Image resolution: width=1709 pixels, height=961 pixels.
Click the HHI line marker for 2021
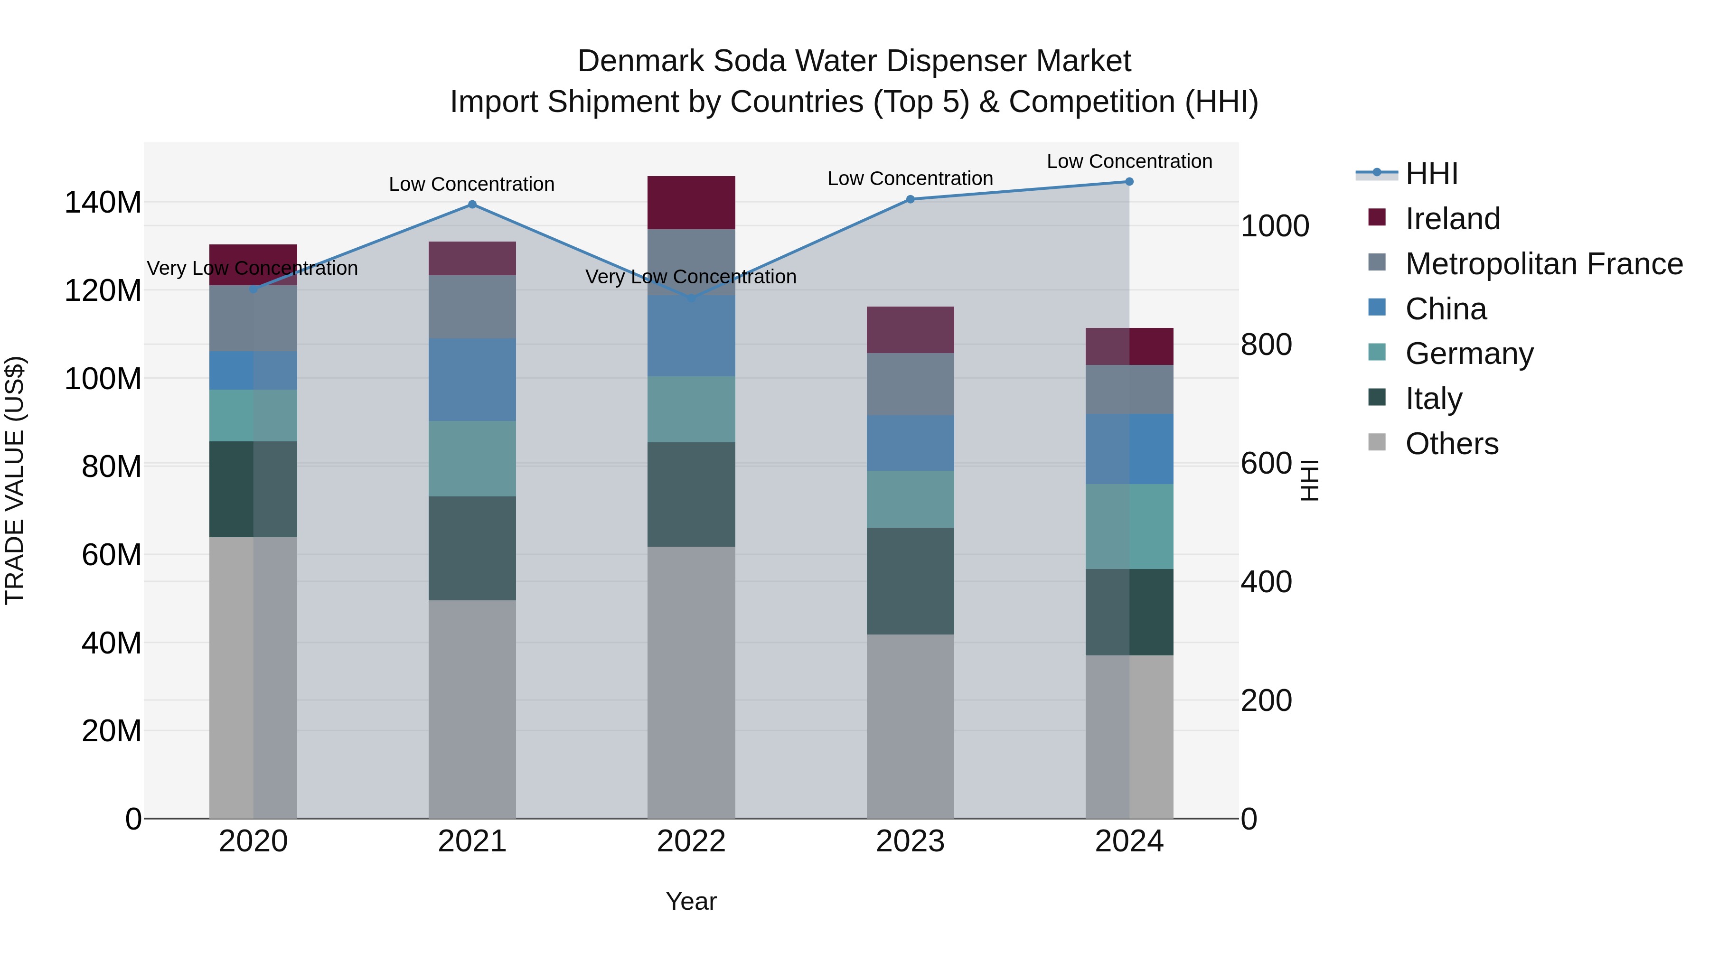[472, 204]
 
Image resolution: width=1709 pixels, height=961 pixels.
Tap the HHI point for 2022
[691, 299]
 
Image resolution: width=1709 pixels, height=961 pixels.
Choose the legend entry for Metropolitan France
[1543, 264]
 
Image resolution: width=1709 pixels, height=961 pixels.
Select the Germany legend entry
[1469, 354]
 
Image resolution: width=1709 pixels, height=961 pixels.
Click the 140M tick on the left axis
[103, 202]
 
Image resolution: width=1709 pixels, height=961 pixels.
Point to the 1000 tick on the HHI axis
[1274, 226]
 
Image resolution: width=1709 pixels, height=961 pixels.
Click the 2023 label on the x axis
[910, 841]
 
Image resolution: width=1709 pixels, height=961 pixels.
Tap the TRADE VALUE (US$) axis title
[15, 480]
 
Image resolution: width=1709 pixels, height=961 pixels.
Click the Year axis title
[691, 901]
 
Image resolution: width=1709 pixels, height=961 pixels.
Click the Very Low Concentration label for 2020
[252, 268]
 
